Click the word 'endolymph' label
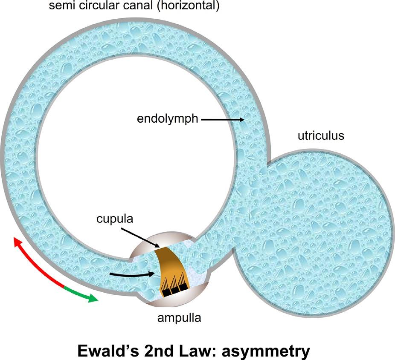point(168,119)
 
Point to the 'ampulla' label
point(180,317)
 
